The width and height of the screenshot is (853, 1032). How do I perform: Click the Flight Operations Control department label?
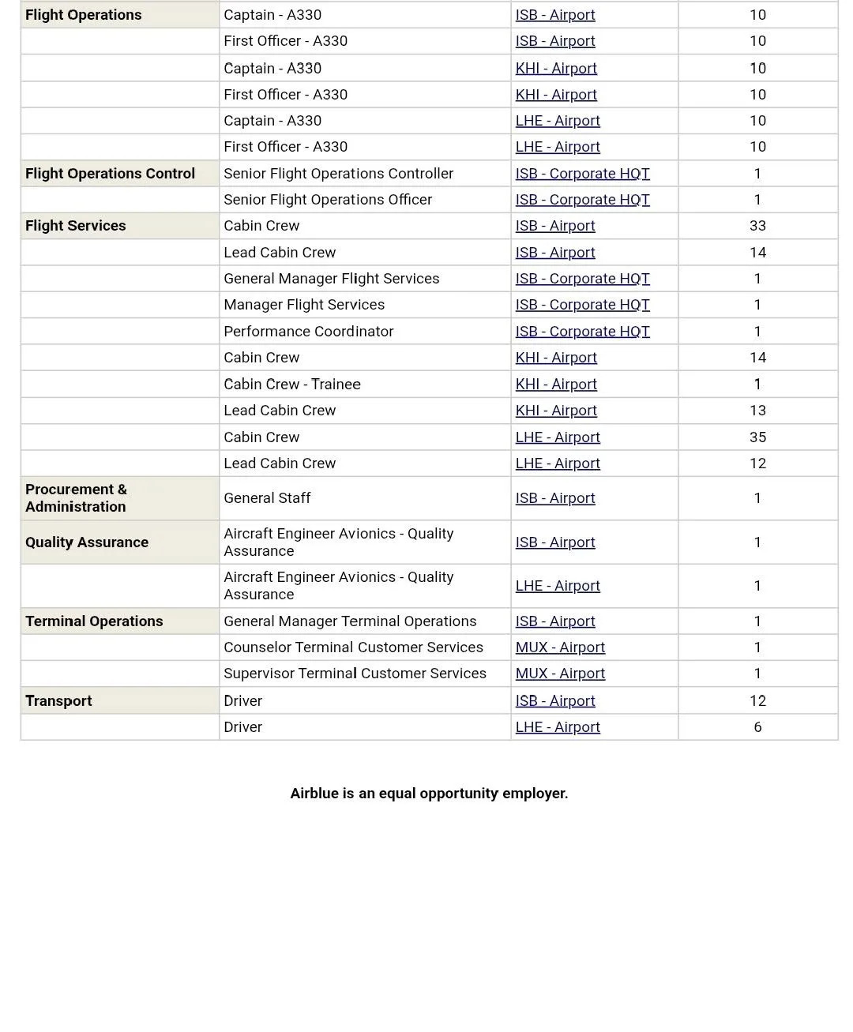point(110,174)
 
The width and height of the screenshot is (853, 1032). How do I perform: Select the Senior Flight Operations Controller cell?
point(338,174)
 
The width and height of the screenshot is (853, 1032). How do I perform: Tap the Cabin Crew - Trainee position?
point(292,385)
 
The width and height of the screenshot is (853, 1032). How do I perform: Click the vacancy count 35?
point(757,437)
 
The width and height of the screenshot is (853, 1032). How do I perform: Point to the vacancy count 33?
point(757,226)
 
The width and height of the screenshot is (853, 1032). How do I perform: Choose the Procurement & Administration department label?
point(76,498)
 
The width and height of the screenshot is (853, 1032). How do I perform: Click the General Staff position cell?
point(267,498)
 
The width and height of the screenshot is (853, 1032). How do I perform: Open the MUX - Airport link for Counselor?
point(560,647)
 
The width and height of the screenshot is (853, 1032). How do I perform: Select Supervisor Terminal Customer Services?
point(355,674)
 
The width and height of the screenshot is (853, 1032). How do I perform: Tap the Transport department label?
point(58,701)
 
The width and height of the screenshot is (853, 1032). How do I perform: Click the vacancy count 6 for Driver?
point(757,727)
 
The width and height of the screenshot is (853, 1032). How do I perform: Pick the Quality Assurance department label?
point(87,542)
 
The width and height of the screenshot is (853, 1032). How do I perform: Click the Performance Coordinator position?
point(308,332)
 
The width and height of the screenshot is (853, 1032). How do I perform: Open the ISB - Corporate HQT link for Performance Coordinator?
point(582,332)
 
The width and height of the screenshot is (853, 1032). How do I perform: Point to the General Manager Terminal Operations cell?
point(350,621)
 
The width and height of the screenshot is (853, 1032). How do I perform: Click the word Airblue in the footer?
point(314,794)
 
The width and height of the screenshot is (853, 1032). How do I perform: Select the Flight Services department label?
point(76,226)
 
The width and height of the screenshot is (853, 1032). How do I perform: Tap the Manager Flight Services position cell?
point(304,305)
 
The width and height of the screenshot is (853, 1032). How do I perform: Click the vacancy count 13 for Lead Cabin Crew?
point(757,411)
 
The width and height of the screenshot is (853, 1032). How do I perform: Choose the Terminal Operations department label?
point(94,621)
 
